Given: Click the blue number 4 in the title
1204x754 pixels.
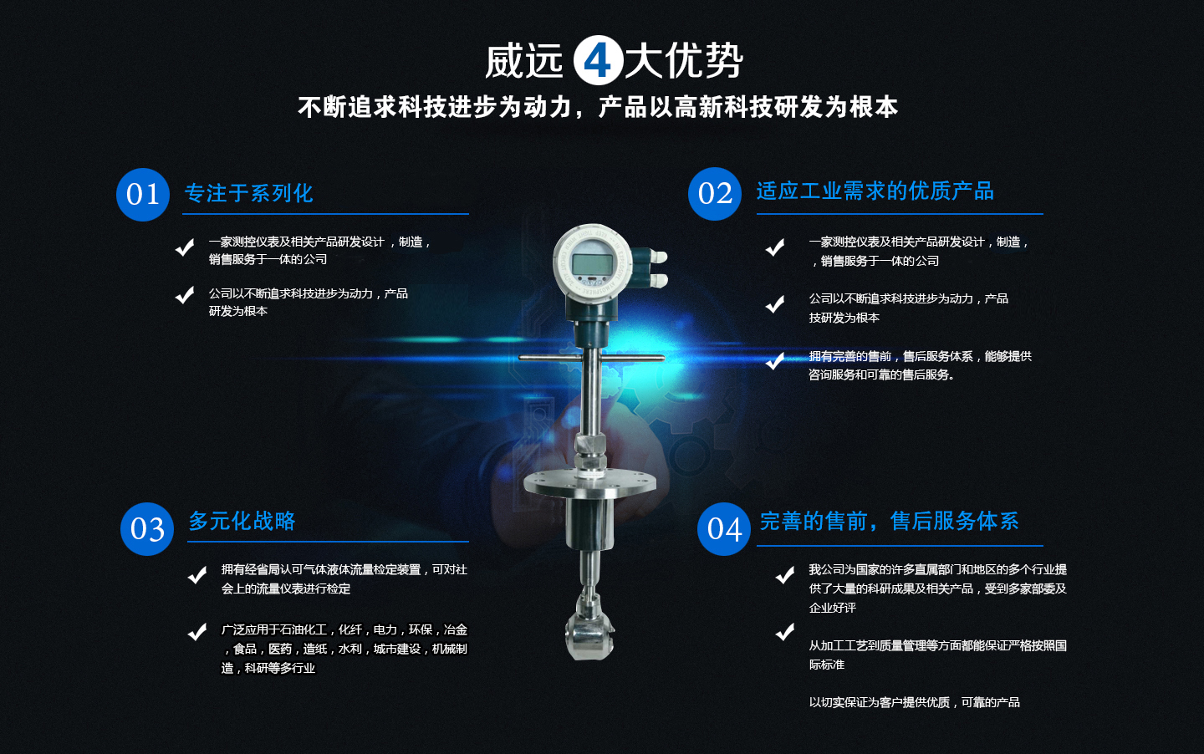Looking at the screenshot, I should pos(598,60).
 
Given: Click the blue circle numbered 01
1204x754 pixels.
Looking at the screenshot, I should pos(143,195).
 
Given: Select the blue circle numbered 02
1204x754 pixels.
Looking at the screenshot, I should pos(715,194).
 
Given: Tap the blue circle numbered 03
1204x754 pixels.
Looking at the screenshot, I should pos(147,529).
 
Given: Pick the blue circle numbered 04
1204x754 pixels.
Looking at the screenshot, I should pos(724,529).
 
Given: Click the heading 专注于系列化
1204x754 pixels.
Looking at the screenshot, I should pos(248,193).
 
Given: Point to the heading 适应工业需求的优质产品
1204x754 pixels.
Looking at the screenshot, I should pos(875,191).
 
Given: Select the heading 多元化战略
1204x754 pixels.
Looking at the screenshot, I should pos(242,521).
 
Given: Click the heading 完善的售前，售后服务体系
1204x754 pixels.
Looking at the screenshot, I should pos(889,521).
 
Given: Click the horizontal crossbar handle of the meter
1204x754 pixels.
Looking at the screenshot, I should pos(590,358).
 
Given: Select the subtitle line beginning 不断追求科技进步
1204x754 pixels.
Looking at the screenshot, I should pos(598,107).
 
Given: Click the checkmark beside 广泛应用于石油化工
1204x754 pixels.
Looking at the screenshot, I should pos(197,632).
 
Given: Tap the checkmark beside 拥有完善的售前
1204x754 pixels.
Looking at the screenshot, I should pos(775,360).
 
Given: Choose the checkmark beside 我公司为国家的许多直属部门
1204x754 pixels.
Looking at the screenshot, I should pos(784,575).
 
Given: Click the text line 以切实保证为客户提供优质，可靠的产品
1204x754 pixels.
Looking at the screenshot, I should pos(914,702).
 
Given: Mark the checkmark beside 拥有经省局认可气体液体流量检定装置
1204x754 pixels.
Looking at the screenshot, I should pos(197,575).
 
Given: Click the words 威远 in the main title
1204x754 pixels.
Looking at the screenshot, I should pos(524,61).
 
